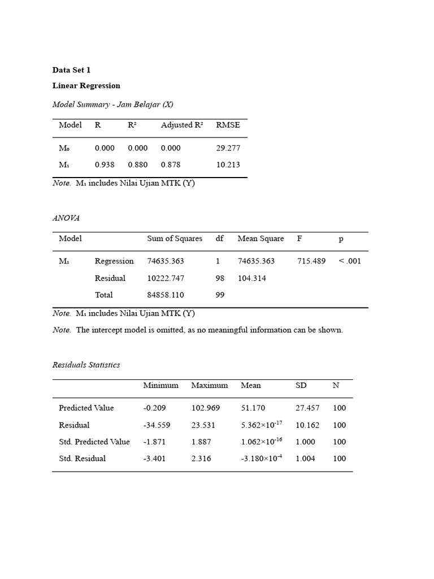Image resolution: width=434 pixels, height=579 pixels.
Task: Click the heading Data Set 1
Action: click(x=71, y=70)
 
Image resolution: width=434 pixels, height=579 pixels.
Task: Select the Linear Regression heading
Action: click(x=86, y=86)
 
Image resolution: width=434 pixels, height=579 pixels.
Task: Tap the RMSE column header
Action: click(x=228, y=125)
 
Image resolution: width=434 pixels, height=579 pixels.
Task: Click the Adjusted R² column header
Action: click(x=181, y=125)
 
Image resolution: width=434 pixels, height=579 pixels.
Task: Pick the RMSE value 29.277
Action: click(x=228, y=148)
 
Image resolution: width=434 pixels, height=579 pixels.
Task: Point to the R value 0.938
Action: click(x=105, y=165)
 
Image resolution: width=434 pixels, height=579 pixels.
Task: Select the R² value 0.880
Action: click(x=138, y=165)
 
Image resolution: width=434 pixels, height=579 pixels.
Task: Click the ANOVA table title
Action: click(x=66, y=218)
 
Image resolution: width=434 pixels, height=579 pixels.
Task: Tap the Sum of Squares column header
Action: click(x=175, y=239)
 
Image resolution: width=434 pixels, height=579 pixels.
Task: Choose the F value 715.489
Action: click(x=311, y=261)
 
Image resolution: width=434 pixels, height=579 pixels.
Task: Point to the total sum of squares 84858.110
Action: click(x=166, y=295)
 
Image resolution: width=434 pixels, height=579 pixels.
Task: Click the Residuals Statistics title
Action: click(x=86, y=365)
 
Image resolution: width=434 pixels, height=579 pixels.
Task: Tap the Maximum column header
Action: click(x=210, y=386)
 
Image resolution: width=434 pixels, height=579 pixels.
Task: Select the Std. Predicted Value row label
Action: click(x=94, y=442)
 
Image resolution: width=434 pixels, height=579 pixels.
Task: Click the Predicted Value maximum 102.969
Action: click(x=206, y=408)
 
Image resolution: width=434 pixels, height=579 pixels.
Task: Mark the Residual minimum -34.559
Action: click(x=157, y=425)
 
